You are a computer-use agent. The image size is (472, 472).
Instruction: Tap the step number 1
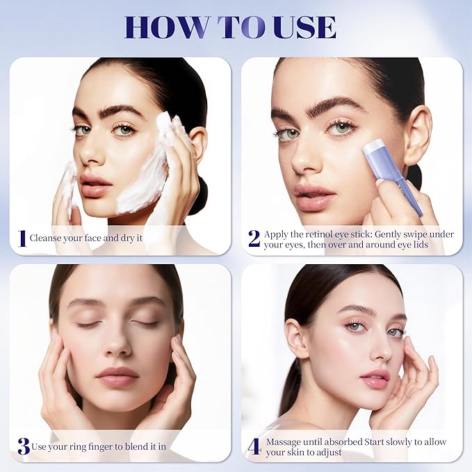(x=22, y=238)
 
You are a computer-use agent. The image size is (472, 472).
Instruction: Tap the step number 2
(x=254, y=238)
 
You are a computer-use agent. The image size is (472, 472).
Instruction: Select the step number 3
(x=23, y=446)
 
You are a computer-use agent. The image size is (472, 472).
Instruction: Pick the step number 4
(x=254, y=446)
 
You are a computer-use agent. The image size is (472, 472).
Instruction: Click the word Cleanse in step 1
(x=46, y=238)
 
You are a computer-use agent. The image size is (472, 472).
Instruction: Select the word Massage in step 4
(x=285, y=441)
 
